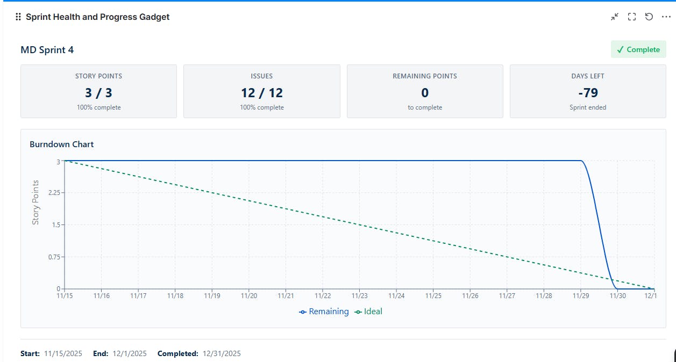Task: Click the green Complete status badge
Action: coord(638,49)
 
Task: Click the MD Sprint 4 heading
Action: coord(47,50)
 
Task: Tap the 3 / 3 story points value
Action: coord(98,92)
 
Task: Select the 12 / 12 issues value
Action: coord(262,92)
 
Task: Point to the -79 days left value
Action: coord(588,92)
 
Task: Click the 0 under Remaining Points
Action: coord(425,92)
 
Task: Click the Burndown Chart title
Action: coord(62,144)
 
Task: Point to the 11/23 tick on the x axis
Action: coord(359,295)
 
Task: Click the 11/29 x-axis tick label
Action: coord(580,295)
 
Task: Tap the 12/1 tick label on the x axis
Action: coord(651,295)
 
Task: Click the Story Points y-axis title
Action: coord(35,202)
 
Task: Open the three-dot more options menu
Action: coord(666,17)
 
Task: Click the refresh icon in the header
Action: coord(649,17)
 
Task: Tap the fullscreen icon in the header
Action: coord(632,17)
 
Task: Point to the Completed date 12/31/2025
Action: coord(221,353)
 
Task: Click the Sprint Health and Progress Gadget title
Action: coord(97,17)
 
